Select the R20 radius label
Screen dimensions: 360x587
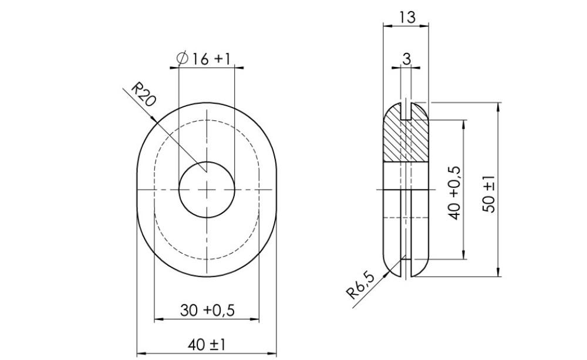(x=143, y=94)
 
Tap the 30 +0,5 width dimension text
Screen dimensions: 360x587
(x=207, y=310)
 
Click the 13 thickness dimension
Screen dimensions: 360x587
(x=406, y=17)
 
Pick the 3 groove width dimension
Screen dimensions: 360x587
(x=406, y=58)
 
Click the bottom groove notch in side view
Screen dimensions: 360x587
(x=406, y=267)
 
